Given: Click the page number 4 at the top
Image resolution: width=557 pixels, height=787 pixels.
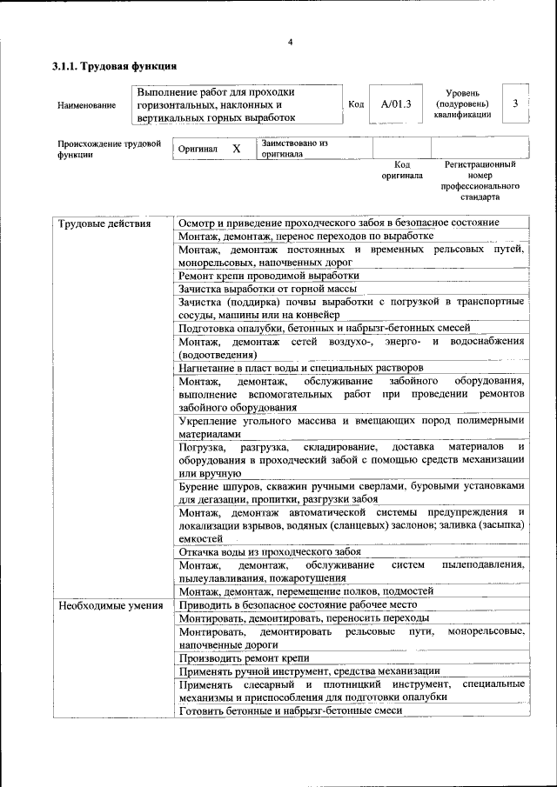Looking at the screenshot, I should (x=291, y=43).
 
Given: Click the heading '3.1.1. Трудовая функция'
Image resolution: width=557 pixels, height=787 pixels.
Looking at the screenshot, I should (x=115, y=66).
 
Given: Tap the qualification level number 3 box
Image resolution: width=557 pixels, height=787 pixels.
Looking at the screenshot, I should (x=515, y=103).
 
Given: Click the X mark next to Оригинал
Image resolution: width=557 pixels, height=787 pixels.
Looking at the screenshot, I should (x=236, y=149).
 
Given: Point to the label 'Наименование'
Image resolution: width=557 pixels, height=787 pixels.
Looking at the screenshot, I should (x=87, y=105).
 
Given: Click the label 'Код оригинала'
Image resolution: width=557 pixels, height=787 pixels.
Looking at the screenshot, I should (x=401, y=170).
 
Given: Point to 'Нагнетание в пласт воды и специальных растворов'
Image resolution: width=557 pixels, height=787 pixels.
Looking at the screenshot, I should (x=300, y=367).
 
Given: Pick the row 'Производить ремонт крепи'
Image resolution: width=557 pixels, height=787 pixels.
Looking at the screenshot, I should (x=244, y=658).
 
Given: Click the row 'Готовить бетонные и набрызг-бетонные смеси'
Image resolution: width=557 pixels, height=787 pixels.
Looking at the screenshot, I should (x=290, y=711).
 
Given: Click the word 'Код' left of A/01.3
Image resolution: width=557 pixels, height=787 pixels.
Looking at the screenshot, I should (x=356, y=104).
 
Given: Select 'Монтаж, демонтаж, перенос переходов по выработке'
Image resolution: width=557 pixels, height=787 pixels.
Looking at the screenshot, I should (x=305, y=236).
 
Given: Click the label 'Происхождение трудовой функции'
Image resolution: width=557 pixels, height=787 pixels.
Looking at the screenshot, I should (x=109, y=149).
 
